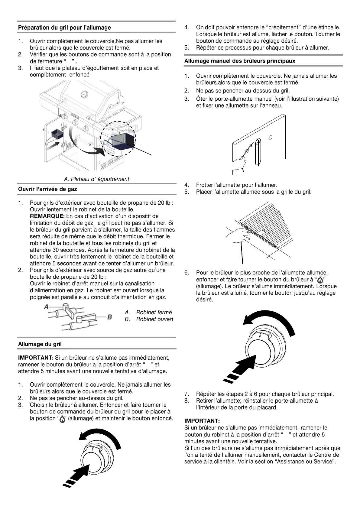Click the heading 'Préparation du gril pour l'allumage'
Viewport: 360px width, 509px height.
click(64, 28)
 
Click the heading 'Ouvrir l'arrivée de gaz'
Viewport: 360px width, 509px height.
click(47, 189)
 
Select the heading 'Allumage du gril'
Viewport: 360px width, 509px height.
click(40, 344)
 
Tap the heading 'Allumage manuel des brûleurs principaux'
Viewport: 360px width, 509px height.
click(240, 61)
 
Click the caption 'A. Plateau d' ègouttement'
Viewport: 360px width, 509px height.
click(96, 179)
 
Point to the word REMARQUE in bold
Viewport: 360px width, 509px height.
click(47, 216)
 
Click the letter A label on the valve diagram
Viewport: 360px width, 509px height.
click(46, 307)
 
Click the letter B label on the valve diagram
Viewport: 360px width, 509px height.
click(110, 317)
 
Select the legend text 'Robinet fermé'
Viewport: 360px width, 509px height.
click(154, 312)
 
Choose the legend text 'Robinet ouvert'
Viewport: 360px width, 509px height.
click(154, 319)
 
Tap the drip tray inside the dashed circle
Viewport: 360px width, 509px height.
click(123, 141)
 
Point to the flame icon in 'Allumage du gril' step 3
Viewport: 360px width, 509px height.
click(62, 419)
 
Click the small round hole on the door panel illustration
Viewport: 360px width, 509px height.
click(271, 137)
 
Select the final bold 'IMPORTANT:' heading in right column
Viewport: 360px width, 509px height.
click(202, 421)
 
